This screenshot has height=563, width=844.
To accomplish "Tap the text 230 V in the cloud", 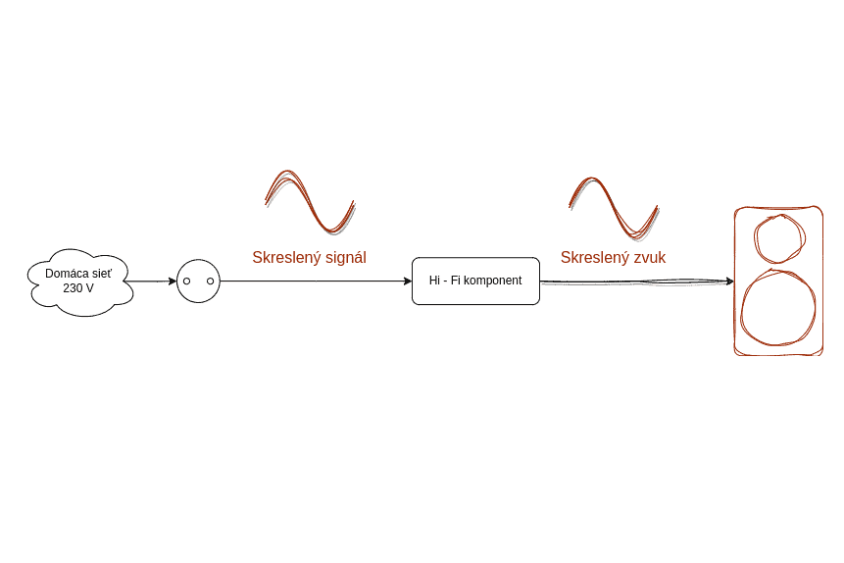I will pos(78,288).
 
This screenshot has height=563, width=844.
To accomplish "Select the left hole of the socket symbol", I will pos(186,281).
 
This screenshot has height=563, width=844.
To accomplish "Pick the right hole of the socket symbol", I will pos(210,281).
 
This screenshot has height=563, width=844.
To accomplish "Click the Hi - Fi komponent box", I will pos(475,281).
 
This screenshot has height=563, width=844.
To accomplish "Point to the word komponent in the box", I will pos(493,281).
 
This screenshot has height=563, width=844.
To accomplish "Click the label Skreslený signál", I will pos(309,258).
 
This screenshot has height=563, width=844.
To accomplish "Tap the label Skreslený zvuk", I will pos(613,258).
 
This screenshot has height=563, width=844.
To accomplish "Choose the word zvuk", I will pos(649,258).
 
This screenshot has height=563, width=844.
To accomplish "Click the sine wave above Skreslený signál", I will pos(310,201).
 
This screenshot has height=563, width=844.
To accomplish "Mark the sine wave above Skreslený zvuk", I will pos(614,207).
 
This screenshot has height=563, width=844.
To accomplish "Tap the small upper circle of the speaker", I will pos(779,238).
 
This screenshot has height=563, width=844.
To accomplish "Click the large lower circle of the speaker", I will pos(778,307).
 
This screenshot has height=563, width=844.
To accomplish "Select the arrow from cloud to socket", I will pos(152,281).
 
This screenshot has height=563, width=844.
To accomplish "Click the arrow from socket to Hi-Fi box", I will pos(314,281).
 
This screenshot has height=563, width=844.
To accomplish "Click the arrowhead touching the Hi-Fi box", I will pos(407,281).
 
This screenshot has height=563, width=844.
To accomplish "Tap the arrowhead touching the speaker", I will pos(729,281).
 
